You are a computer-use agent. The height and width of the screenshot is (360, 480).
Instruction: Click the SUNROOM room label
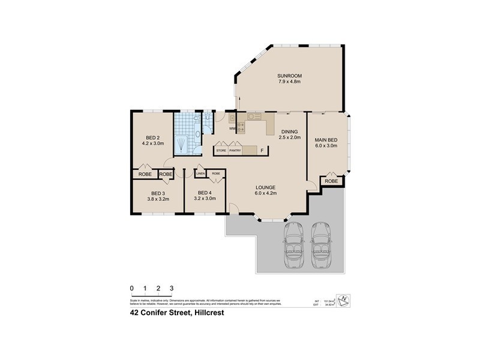tap(289, 75)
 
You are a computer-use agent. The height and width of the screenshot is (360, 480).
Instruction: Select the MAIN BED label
tap(326, 140)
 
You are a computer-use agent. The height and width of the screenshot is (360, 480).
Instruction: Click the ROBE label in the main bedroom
tap(331, 181)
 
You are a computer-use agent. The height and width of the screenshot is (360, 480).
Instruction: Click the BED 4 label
tap(205, 193)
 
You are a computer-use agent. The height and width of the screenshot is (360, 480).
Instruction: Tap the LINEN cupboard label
tap(201, 174)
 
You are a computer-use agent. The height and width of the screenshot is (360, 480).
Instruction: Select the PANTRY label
tap(235, 151)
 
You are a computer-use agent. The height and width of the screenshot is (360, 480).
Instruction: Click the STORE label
tap(221, 151)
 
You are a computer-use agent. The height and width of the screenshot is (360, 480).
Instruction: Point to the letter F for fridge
tap(262, 150)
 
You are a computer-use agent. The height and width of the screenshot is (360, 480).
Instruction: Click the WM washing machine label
tap(232, 128)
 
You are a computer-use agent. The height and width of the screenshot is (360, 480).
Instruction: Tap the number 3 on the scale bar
tap(172, 289)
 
